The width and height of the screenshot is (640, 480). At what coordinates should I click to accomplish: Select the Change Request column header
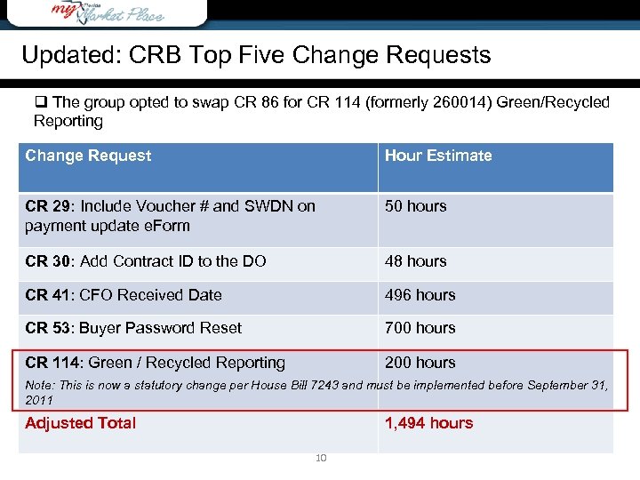tap(88, 156)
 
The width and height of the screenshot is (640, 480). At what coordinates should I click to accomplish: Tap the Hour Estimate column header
tap(438, 156)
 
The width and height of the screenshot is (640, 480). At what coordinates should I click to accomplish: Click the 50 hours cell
tap(415, 206)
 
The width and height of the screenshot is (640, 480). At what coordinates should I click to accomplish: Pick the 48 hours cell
tap(415, 261)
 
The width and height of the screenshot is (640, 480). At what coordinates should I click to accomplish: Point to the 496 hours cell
tap(420, 295)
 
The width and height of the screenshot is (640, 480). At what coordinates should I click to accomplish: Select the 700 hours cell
tap(420, 328)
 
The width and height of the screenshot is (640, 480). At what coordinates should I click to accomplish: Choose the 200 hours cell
tap(420, 363)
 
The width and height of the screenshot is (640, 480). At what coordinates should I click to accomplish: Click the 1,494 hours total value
tap(428, 423)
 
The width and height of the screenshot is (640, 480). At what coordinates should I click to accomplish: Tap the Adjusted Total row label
tap(80, 423)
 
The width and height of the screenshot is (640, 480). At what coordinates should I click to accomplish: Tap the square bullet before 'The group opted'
tap(40, 102)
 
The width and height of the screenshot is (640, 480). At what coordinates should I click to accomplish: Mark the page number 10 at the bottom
tap(321, 458)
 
